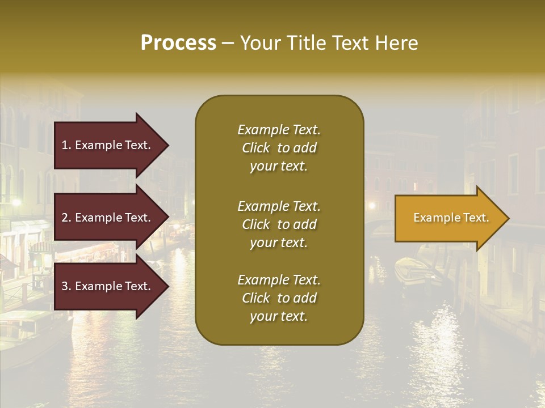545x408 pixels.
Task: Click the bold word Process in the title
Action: coord(178,43)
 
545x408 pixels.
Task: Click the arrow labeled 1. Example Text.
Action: coord(108,145)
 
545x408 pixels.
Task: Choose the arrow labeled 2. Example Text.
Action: coord(108,218)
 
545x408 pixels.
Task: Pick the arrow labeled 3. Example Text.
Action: coord(108,286)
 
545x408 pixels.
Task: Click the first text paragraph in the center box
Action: coord(279,148)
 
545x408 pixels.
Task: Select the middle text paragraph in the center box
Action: coord(279,224)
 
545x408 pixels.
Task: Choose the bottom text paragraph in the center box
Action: coord(279,298)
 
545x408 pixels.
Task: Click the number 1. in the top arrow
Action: coord(66,145)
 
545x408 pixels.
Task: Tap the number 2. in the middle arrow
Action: coord(66,218)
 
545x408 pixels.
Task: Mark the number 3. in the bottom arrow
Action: coord(66,286)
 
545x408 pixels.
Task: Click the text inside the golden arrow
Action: coord(451,218)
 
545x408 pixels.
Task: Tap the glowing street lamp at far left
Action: coord(16,202)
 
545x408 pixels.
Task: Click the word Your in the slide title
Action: coord(259,43)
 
